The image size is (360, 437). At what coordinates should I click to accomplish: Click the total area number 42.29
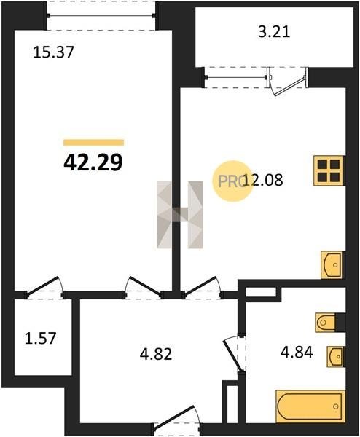[93, 162]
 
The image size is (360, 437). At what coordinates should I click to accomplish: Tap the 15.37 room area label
[53, 52]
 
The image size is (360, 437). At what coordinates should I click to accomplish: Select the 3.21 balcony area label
[274, 31]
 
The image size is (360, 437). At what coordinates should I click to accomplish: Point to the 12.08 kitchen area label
[263, 180]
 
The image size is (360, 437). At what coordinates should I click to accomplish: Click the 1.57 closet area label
[41, 338]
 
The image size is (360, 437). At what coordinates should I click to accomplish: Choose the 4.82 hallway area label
[156, 354]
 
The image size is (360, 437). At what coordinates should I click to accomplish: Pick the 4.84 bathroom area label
[297, 352]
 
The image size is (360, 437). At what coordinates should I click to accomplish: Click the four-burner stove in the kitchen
[329, 170]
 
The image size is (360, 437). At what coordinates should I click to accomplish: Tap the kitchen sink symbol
[332, 264]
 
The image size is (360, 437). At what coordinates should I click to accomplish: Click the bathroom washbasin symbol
[335, 356]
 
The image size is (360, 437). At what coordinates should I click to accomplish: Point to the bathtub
[310, 406]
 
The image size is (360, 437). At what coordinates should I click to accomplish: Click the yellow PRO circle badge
[232, 181]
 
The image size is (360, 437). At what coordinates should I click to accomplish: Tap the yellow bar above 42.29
[94, 143]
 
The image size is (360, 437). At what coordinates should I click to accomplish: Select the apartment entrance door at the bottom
[176, 423]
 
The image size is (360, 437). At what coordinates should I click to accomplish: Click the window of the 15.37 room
[101, 15]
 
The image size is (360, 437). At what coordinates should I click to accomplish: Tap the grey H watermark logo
[180, 215]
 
